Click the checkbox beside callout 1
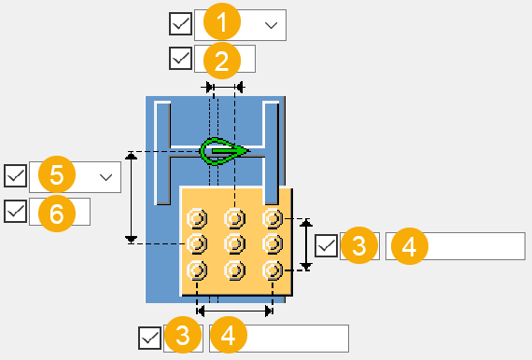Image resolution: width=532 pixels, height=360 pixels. click(x=180, y=23)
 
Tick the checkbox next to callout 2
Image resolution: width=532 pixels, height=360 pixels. click(x=180, y=59)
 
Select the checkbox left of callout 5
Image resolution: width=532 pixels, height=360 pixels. click(x=15, y=176)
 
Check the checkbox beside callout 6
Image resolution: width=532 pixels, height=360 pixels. click(x=15, y=211)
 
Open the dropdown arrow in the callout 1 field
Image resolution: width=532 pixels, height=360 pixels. click(x=271, y=25)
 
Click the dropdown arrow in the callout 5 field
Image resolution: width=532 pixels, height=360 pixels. click(x=105, y=177)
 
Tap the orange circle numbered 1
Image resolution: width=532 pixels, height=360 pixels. click(x=222, y=22)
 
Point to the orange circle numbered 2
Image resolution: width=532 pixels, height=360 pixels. click(x=222, y=61)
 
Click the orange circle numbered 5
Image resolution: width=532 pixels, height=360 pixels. click(x=57, y=174)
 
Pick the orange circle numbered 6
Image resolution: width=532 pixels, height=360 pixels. click(x=57, y=214)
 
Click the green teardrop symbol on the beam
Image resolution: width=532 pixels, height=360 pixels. click(x=224, y=151)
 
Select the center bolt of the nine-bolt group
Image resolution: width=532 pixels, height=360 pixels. click(x=234, y=243)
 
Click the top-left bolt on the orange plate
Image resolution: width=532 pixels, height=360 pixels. click(x=197, y=218)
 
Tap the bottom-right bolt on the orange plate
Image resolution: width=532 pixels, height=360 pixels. click(x=273, y=270)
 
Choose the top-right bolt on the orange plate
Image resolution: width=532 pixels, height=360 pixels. click(x=273, y=218)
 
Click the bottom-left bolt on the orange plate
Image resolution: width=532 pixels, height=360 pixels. click(x=197, y=270)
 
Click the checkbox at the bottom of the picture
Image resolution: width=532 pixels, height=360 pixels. click(x=149, y=338)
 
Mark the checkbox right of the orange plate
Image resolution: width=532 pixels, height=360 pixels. click(x=326, y=245)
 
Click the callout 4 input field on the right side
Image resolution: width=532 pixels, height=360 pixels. click(x=455, y=246)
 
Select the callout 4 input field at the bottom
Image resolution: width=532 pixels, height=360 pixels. click(x=279, y=339)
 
